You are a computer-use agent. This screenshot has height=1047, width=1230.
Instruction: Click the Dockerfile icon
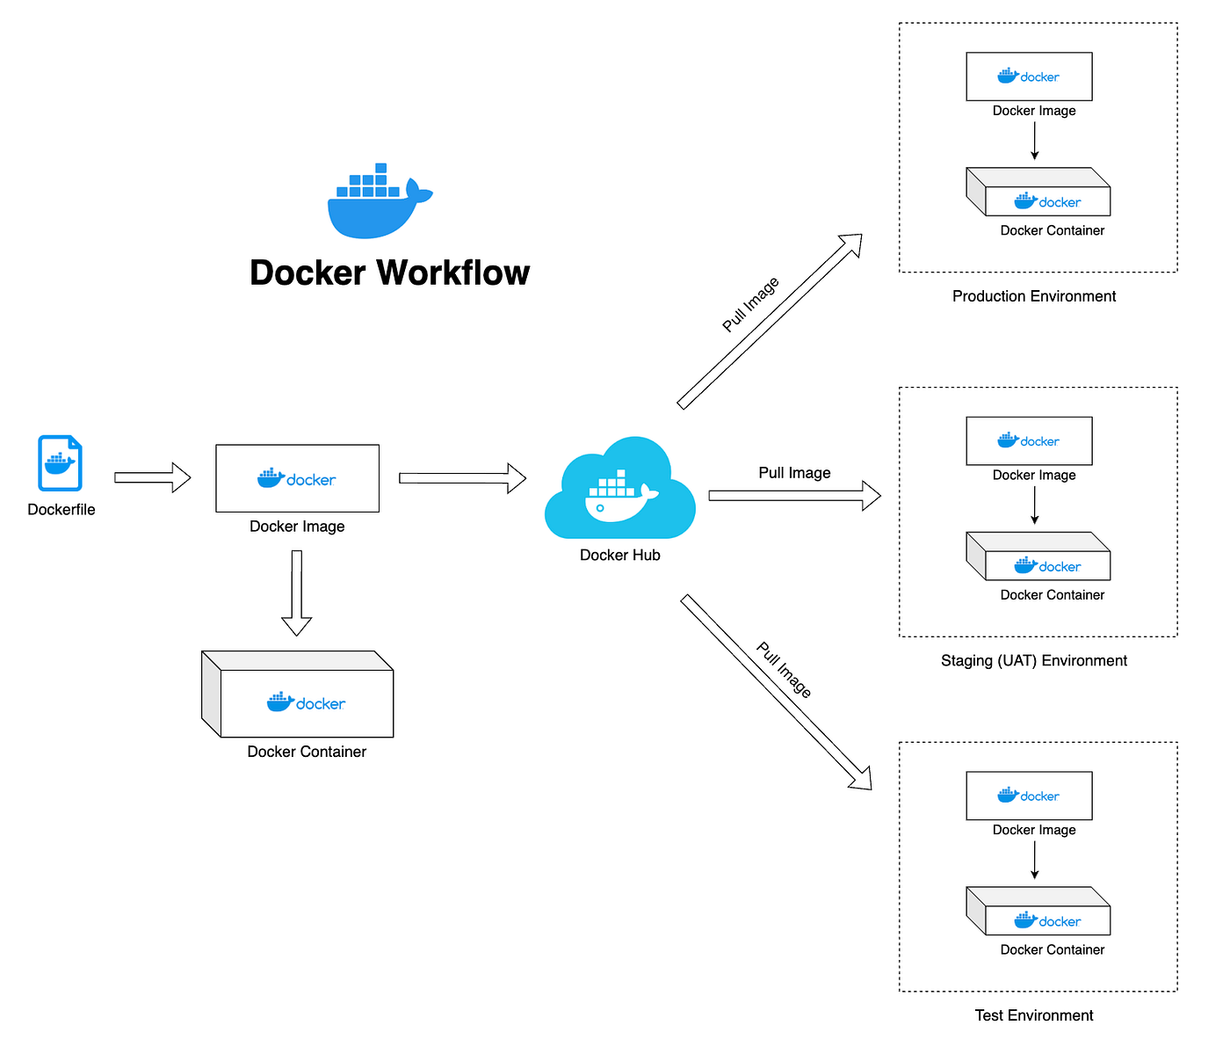[60, 463]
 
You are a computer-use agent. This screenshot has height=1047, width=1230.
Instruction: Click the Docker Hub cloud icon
[620, 491]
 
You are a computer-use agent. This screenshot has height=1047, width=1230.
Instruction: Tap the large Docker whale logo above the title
[380, 201]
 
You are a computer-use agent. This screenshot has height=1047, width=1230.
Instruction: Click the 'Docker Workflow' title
[389, 273]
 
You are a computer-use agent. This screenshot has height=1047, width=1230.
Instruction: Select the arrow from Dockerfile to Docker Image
[153, 477]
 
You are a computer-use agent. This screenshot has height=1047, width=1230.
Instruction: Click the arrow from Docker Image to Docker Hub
[462, 478]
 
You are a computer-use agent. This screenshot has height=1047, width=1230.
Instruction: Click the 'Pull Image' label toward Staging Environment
[794, 473]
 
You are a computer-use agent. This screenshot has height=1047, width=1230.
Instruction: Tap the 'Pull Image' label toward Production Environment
[750, 305]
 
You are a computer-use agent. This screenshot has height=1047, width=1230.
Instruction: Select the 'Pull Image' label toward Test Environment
[784, 671]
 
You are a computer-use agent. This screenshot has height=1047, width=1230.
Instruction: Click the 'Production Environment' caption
[1034, 296]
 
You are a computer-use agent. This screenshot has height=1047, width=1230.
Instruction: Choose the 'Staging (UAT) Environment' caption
[1034, 661]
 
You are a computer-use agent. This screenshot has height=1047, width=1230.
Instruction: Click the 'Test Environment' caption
[1034, 1015]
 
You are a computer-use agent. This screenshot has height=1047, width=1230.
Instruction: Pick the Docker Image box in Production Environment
[1029, 77]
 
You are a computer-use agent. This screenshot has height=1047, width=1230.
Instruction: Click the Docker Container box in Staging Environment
[1039, 557]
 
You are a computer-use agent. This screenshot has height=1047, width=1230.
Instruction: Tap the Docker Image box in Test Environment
[1029, 796]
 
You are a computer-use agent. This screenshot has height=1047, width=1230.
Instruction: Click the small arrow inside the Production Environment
[1035, 141]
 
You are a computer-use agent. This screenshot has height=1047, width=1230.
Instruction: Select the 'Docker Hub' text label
[620, 555]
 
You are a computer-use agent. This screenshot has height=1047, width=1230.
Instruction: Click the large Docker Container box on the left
[299, 695]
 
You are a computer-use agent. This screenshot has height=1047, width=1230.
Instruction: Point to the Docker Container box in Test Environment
[1039, 912]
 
